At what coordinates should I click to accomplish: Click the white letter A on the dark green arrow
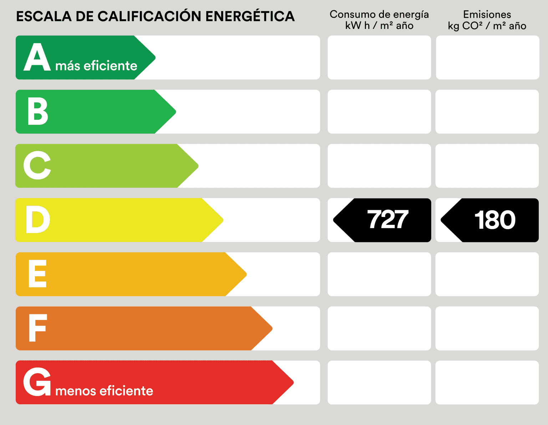click(x=37, y=57)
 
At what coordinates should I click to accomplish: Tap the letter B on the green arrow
click(x=37, y=111)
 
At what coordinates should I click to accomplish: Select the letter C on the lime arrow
click(x=37, y=166)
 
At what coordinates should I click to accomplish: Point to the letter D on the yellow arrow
click(x=37, y=220)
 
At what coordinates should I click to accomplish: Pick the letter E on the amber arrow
click(x=37, y=274)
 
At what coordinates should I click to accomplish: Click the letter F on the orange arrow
click(x=37, y=328)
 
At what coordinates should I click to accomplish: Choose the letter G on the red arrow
click(x=37, y=382)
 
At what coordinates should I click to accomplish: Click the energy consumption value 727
click(x=388, y=220)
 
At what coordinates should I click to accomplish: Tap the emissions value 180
click(x=495, y=220)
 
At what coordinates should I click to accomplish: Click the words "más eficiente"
click(x=96, y=66)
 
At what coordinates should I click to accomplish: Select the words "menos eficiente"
click(x=104, y=391)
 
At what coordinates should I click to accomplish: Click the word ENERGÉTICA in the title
click(x=250, y=16)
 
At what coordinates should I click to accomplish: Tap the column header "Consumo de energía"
click(x=379, y=14)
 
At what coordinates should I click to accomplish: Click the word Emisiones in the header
click(x=487, y=14)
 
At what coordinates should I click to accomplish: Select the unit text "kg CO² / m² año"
click(x=487, y=26)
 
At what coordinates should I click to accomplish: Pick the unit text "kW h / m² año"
click(x=379, y=26)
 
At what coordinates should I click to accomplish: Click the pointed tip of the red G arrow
click(x=292, y=383)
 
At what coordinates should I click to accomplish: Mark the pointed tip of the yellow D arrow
click(x=222, y=220)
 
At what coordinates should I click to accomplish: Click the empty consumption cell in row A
click(x=379, y=57)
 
